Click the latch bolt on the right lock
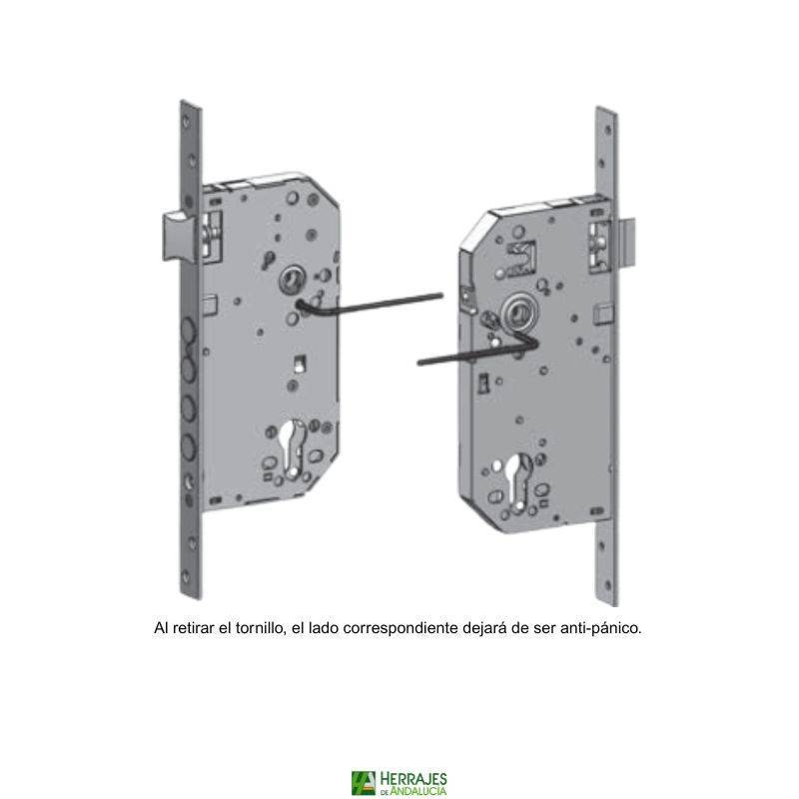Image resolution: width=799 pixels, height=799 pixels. pyautogui.click(x=626, y=244)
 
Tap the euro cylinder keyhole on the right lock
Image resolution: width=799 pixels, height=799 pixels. pyautogui.click(x=517, y=480)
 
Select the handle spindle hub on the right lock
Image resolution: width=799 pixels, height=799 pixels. pyautogui.click(x=519, y=314)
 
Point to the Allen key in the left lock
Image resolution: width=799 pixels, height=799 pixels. pyautogui.click(x=368, y=306)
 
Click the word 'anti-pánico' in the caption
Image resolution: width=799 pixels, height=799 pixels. pyautogui.click(x=601, y=628)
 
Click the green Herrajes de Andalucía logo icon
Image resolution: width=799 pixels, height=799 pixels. pyautogui.click(x=363, y=783)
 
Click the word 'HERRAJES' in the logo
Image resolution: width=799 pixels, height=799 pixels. pyautogui.click(x=413, y=779)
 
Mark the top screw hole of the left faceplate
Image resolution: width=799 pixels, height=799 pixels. pyautogui.click(x=186, y=121)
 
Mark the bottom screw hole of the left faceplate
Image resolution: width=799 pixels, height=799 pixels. pyautogui.click(x=186, y=577)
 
